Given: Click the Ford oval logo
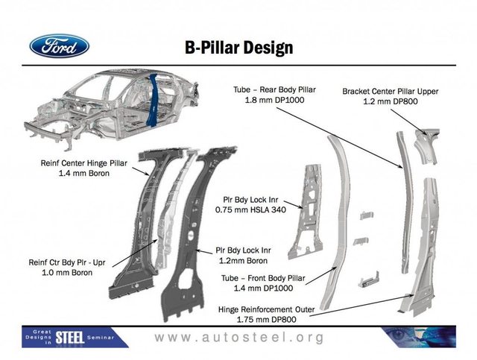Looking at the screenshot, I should click(59, 46).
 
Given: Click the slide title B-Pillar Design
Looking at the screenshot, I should click(238, 48).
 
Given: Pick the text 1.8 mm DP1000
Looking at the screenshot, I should click(275, 100).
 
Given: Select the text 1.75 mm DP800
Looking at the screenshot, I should click(273, 320).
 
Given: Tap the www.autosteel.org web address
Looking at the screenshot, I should click(239, 338).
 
